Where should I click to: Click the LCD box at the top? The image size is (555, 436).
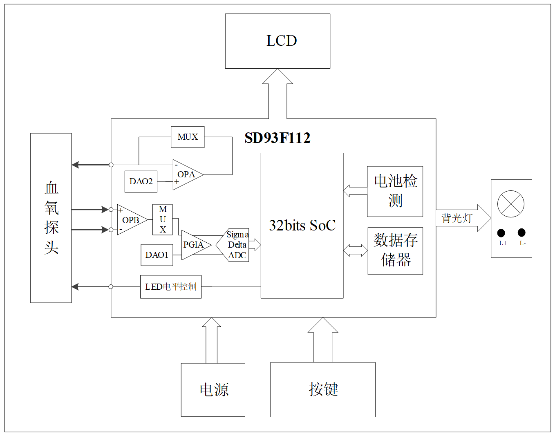pyautogui.click(x=277, y=41)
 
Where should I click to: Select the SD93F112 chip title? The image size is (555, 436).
pyautogui.click(x=277, y=138)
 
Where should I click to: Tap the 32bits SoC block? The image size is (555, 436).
pyautogui.click(x=302, y=226)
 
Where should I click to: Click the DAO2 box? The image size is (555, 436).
pyautogui.click(x=141, y=181)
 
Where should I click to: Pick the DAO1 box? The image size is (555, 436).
pyautogui.click(x=157, y=255)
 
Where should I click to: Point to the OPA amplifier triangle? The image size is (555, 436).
pyautogui.click(x=186, y=175)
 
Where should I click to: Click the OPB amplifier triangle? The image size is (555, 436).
pyautogui.click(x=130, y=220)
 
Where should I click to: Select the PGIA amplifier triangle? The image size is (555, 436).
pyautogui.click(x=194, y=245)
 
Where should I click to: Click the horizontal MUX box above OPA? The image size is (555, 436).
pyautogui.click(x=188, y=137)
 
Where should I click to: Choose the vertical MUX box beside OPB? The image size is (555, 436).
pyautogui.click(x=163, y=219)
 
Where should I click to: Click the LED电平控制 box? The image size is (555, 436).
pyautogui.click(x=171, y=287)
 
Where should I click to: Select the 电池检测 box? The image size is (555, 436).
pyautogui.click(x=395, y=191)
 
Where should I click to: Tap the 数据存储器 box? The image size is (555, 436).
pyautogui.click(x=395, y=251)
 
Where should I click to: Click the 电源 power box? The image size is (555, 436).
pyautogui.click(x=213, y=390)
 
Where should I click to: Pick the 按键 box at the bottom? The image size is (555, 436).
pyautogui.click(x=323, y=389)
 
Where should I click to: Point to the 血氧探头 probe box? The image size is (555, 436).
pyautogui.click(x=51, y=218)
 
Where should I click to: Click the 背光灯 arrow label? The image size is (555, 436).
pyautogui.click(x=457, y=218)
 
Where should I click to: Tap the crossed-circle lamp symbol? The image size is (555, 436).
pyautogui.click(x=511, y=204)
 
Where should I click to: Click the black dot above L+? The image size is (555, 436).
pyautogui.click(x=501, y=233)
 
